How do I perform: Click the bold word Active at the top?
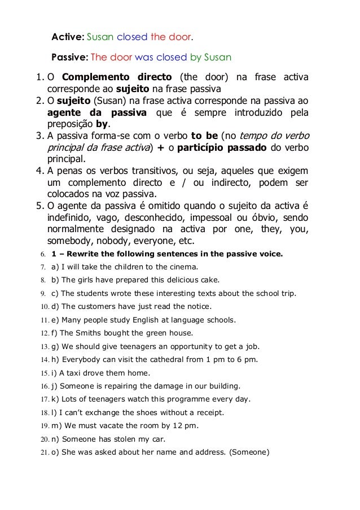pos(67,37)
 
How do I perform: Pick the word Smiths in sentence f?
pos(93,332)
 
